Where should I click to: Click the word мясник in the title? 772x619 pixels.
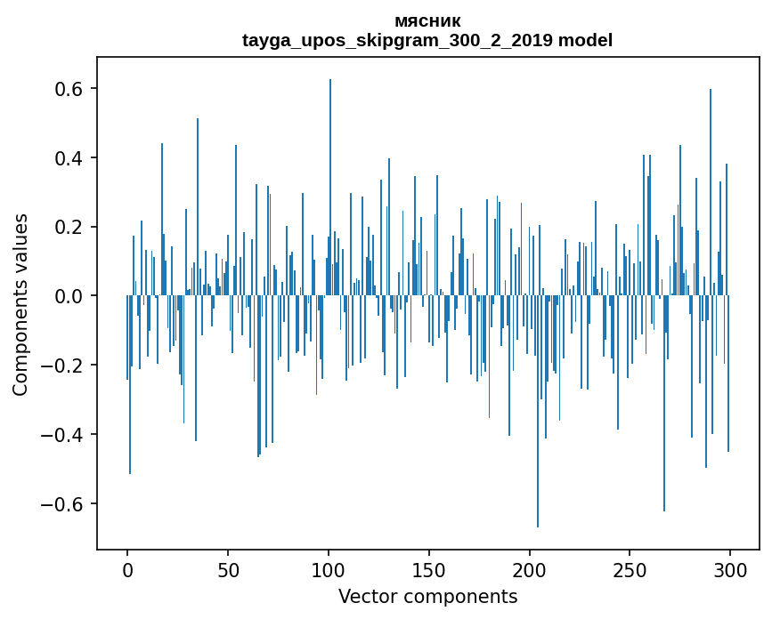point(427,21)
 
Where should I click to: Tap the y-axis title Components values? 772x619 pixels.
point(21,304)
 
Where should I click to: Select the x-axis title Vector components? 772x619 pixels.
point(427,596)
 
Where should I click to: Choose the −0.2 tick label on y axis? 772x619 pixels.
point(62,366)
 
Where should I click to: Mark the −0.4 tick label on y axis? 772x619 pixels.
point(62,435)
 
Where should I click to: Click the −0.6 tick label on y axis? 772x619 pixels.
point(62,504)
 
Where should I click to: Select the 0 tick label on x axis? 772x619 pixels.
point(127,570)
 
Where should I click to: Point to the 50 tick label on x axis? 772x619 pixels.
point(228,570)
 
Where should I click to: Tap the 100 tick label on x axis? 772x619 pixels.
point(329,570)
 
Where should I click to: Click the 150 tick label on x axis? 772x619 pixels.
point(429,570)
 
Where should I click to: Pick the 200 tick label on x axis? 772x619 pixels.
point(529,570)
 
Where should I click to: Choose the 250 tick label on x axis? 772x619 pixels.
point(630,570)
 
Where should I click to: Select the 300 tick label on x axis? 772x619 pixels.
point(730,570)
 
